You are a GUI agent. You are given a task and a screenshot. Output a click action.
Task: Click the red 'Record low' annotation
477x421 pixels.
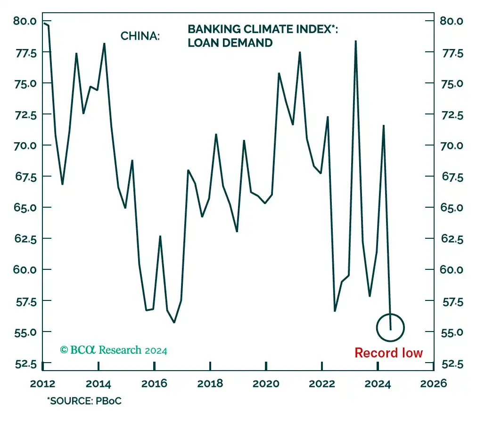click(x=388, y=353)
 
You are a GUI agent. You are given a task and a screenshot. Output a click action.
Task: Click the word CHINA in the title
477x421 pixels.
click(x=140, y=36)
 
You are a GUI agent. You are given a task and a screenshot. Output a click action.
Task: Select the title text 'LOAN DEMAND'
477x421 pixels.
click(x=230, y=43)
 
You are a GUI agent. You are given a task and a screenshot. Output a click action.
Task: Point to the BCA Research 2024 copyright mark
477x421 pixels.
click(x=114, y=350)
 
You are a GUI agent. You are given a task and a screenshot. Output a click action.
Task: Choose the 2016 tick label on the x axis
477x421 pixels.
click(x=154, y=383)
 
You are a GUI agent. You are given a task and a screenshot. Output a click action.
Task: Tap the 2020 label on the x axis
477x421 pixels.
click(x=266, y=383)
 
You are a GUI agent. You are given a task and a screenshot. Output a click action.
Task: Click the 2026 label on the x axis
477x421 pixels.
click(x=433, y=383)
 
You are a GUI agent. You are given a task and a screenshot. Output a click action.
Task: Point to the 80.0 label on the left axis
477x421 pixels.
click(x=25, y=21)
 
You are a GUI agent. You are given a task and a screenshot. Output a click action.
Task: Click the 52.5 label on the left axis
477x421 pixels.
click(x=25, y=363)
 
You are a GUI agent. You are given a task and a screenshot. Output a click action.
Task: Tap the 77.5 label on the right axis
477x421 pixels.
click(x=452, y=53)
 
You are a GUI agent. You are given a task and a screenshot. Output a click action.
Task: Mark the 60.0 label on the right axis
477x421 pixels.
click(x=452, y=270)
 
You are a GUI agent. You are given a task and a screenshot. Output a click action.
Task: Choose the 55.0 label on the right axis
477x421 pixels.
click(x=452, y=332)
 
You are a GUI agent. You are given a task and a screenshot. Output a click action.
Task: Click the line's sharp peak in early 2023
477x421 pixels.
click(x=355, y=41)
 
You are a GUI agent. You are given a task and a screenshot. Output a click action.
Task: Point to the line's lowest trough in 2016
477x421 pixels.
click(x=174, y=322)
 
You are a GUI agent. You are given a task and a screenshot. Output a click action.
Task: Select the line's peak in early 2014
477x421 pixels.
click(x=104, y=44)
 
